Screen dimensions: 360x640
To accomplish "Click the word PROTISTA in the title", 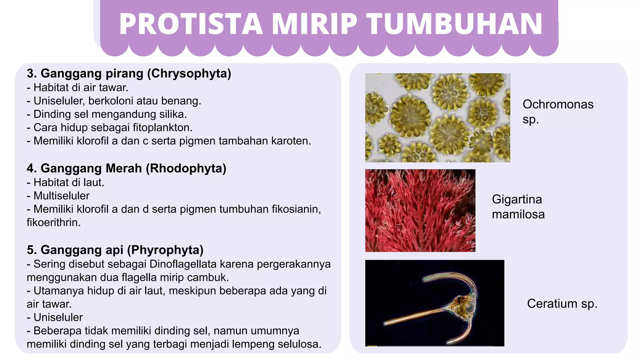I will point(191,24).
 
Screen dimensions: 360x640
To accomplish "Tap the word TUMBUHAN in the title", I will point(455,24).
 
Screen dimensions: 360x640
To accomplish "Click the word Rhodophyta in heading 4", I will point(186,168).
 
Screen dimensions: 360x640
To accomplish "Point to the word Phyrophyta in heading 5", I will point(166,250).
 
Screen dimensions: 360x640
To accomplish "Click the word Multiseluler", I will point(62,196).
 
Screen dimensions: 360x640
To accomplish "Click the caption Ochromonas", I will point(558,104).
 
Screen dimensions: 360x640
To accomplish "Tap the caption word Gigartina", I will point(517,199).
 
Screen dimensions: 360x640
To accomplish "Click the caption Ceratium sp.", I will point(562,304).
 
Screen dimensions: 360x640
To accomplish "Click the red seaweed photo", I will point(420,211).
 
